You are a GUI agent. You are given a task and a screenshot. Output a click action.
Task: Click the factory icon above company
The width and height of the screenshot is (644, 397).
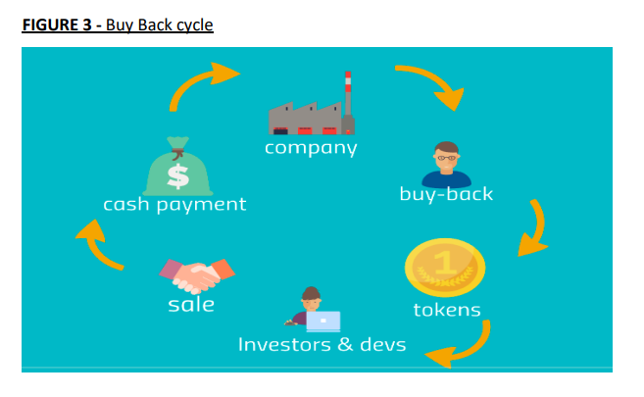[x=312, y=104]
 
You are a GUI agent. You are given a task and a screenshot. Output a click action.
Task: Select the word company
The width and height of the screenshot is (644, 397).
[x=311, y=148]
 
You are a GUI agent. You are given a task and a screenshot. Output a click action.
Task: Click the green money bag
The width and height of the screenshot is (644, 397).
[x=177, y=167]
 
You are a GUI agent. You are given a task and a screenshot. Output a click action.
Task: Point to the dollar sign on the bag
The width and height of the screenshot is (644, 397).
[x=178, y=175]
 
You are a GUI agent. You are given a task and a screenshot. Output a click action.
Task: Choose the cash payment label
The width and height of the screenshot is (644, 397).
[x=174, y=205]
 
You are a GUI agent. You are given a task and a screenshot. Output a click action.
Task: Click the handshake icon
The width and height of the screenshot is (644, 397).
[x=197, y=275]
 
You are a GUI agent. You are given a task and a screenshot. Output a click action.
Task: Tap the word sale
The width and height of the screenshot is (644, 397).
[x=191, y=305]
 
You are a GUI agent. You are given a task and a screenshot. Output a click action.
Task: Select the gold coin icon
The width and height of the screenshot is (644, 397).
[x=445, y=268]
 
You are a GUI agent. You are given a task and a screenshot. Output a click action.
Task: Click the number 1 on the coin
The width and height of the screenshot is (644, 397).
[x=445, y=262]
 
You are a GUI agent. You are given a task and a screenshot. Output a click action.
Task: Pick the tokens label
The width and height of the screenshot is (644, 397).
[x=447, y=310]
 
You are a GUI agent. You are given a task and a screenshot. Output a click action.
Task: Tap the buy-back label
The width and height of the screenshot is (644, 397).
[x=446, y=194]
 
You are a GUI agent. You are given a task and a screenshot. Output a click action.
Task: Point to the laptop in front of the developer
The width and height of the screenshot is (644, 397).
[x=323, y=322]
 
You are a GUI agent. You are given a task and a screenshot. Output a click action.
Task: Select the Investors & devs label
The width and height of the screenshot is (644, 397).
[x=322, y=344]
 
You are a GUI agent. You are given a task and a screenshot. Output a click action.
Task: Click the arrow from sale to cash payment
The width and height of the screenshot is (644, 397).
[x=97, y=249]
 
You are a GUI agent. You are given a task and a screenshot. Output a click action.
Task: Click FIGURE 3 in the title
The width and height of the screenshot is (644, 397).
[x=57, y=25]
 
